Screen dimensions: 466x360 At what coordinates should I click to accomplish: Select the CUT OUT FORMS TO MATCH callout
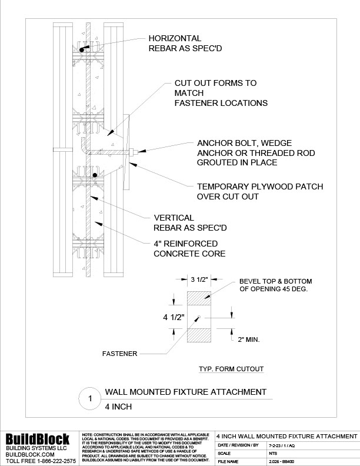(x=220, y=93)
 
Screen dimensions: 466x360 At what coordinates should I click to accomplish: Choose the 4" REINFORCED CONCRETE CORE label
(x=191, y=248)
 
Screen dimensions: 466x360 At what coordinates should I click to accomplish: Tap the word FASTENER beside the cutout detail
(x=120, y=354)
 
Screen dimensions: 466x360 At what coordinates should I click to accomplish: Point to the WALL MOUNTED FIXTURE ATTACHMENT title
(x=185, y=392)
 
